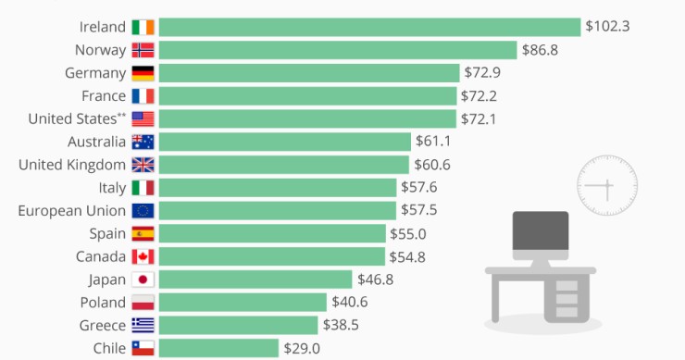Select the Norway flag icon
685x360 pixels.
point(143,50)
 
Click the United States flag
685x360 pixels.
point(143,118)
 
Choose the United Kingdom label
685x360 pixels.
point(72,165)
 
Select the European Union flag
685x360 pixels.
point(143,210)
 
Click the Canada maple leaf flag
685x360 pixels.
point(143,256)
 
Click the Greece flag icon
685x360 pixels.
point(143,325)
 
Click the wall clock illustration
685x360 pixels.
point(607,185)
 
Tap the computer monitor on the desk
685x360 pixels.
point(541,237)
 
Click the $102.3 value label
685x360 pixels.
point(607,27)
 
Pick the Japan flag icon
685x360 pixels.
point(143,279)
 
